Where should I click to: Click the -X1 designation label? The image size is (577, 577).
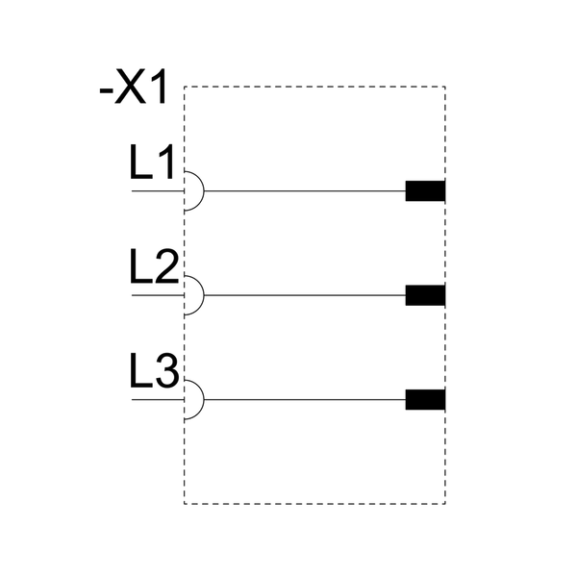coord(133,87)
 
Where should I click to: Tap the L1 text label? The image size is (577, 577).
coord(152,162)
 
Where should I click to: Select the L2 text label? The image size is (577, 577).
coord(154,266)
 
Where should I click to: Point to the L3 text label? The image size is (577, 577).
coord(154,370)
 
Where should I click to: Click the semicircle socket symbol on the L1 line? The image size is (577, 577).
coord(204,191)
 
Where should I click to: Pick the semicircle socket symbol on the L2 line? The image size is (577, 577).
coord(204,295)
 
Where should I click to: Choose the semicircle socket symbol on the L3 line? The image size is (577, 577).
coord(204,399)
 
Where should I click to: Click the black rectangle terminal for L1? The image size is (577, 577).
coord(425,191)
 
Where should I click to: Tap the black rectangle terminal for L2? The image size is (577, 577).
coord(425,295)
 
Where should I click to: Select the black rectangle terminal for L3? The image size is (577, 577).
coord(425,399)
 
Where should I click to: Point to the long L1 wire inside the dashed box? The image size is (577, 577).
coord(305,191)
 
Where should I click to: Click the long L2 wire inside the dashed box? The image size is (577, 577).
coord(305,295)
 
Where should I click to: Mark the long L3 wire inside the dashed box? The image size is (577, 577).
coord(305,399)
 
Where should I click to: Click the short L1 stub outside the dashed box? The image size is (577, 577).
coord(158,191)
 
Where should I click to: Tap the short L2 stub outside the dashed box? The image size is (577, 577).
coord(158,295)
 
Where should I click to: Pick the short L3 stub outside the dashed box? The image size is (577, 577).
coord(158,399)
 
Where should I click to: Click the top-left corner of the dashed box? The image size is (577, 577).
coord(185,87)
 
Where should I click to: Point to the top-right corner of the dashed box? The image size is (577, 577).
coord(445,87)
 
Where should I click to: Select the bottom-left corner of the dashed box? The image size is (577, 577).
coord(185,504)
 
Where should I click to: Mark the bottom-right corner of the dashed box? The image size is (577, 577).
coord(445,504)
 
